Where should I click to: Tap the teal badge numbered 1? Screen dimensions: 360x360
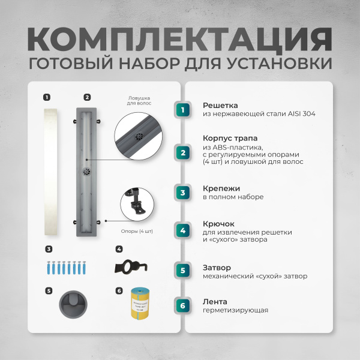coord(184,109)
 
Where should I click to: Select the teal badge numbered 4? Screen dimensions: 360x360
coord(184,230)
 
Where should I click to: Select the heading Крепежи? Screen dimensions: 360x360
coord(220,188)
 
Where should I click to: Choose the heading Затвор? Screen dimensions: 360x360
coord(217,268)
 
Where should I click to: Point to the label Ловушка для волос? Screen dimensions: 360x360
coord(139,100)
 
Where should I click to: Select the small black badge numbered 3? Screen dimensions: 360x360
coord(48,248)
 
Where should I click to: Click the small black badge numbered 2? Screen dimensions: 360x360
coord(87,97)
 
